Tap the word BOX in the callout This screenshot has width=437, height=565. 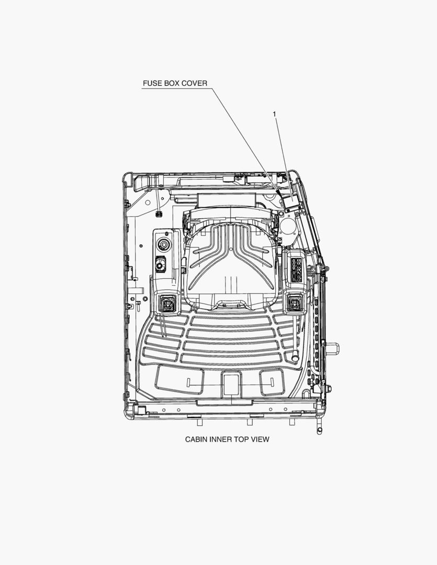pos(172,83)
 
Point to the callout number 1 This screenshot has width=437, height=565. pos(274,114)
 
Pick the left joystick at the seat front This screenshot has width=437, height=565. pos(167,303)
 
